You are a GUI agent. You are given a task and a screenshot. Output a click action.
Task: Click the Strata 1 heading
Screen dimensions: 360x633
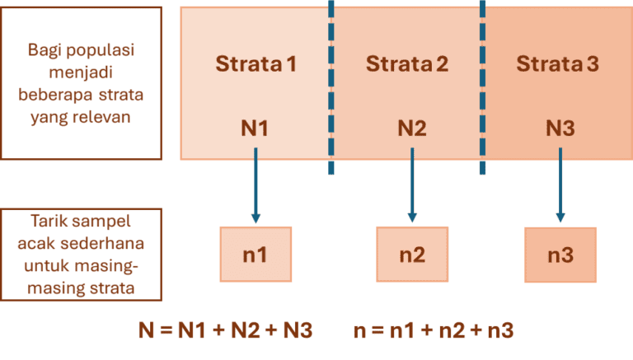pos(256,63)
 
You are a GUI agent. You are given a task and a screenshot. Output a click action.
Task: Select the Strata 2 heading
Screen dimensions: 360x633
pos(407,63)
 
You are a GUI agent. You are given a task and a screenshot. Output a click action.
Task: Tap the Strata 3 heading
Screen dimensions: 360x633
pos(558,63)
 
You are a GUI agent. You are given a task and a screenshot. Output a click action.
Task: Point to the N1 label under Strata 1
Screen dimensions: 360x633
pos(255,129)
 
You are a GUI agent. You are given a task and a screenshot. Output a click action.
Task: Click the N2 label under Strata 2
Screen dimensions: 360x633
pos(411,129)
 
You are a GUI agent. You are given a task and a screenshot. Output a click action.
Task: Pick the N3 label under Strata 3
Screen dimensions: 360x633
pos(560,129)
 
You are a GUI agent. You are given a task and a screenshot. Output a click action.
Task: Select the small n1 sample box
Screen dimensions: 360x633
pos(256,255)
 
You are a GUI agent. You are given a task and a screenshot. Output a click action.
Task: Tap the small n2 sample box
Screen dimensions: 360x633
pos(412,255)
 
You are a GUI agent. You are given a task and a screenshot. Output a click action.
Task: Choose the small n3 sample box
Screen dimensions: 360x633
pos(560,255)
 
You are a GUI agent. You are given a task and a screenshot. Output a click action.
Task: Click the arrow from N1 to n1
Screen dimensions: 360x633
pos(256,185)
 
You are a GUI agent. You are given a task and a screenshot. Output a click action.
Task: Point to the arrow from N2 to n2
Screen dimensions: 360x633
pos(412,185)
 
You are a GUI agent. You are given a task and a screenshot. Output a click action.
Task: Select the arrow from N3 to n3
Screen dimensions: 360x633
pos(560,185)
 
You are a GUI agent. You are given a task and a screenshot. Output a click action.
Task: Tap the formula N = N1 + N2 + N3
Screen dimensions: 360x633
pos(225,330)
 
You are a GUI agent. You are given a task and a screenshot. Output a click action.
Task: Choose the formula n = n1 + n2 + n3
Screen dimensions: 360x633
pos(434,330)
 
